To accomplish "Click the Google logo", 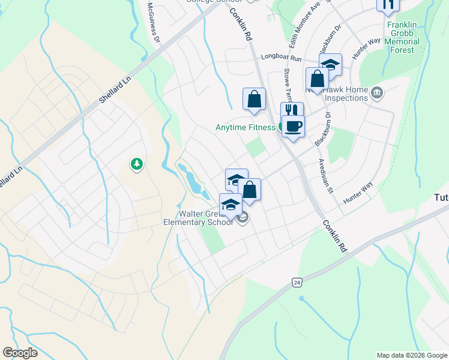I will (20, 353).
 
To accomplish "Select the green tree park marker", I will (136, 164).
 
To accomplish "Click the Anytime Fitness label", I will (246, 127).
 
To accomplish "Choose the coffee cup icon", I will (293, 127).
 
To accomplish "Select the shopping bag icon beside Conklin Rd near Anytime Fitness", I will (254, 99).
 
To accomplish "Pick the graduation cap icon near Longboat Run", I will (330, 65).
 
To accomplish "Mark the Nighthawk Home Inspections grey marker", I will (377, 92).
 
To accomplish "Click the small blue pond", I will (193, 181).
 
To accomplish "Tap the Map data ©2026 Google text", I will (411, 355).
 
